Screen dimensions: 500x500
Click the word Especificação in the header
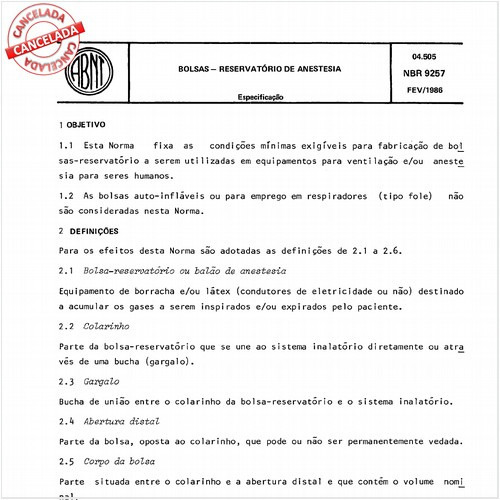click(260, 97)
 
